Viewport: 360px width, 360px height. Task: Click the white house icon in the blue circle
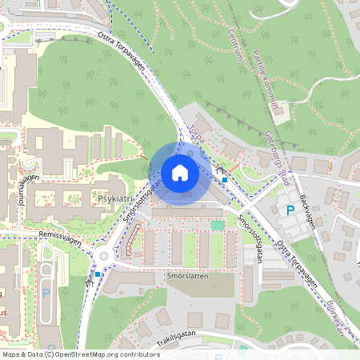(x=180, y=172)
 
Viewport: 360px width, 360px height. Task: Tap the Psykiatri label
(x=112, y=197)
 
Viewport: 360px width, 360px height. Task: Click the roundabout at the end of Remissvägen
(x=104, y=257)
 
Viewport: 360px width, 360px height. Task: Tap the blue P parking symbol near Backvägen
(x=290, y=210)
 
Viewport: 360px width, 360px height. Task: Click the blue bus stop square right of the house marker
(x=225, y=179)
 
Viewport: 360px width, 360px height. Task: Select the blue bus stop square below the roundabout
(x=98, y=274)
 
